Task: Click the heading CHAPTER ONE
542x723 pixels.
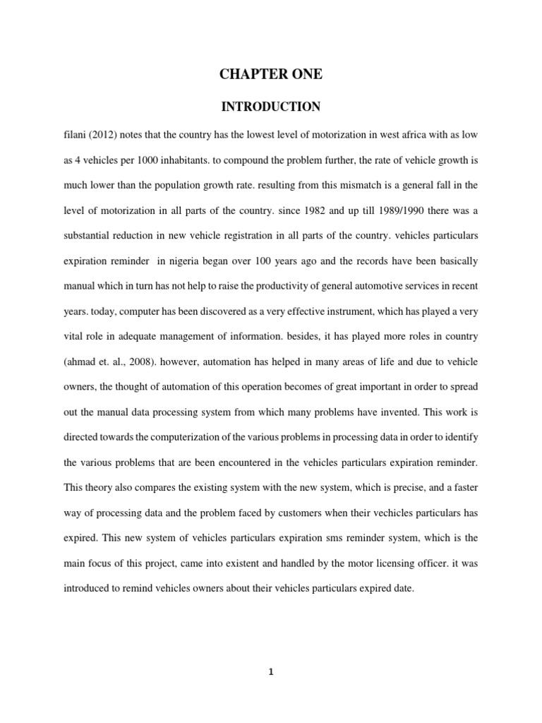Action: click(271, 73)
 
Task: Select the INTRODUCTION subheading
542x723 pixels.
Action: click(271, 107)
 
